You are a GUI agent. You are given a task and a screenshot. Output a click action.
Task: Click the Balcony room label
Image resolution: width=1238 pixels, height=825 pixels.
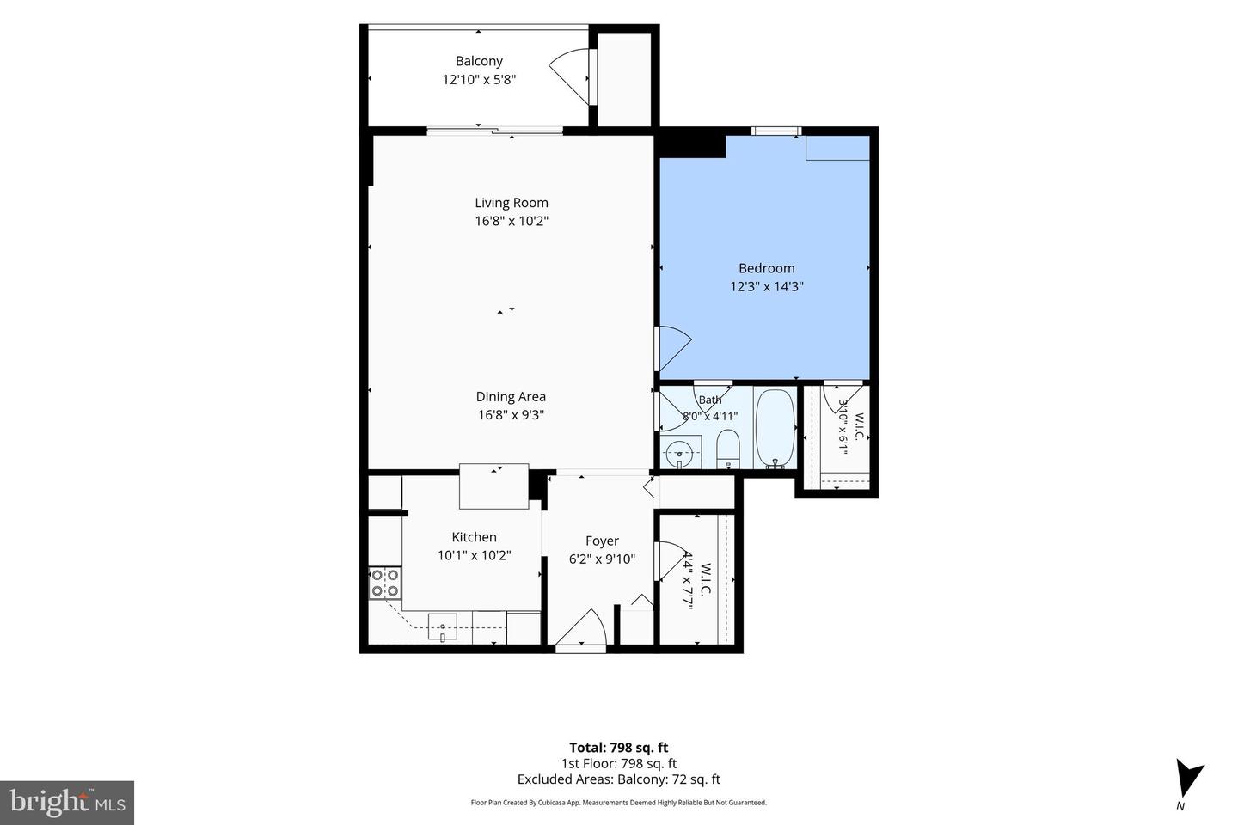[x=479, y=61]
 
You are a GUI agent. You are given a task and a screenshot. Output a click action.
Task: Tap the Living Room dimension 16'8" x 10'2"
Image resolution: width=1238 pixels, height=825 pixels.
[x=512, y=221]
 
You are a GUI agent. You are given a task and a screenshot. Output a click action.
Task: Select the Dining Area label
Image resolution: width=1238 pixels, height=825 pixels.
[x=511, y=396]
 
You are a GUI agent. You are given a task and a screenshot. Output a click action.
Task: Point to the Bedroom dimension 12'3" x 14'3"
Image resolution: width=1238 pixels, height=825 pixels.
[x=767, y=286]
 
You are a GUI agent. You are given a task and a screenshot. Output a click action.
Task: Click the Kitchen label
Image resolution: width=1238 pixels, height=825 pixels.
[x=475, y=536]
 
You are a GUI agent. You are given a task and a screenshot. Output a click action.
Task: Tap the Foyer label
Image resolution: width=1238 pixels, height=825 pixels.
[x=602, y=541]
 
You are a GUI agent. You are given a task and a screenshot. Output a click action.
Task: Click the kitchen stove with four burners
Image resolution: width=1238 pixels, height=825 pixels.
[x=385, y=583]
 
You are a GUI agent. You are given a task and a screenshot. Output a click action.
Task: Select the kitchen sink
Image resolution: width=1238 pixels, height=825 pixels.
[x=442, y=627]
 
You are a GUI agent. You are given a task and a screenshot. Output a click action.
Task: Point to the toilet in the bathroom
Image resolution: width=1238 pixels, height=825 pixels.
[x=728, y=448]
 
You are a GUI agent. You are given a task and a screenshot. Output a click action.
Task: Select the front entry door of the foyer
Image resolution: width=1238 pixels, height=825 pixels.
[x=581, y=628]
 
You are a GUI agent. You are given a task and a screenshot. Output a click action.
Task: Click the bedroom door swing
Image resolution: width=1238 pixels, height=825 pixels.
[x=673, y=349]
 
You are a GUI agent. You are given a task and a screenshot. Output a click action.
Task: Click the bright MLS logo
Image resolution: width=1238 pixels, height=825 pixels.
[x=67, y=803]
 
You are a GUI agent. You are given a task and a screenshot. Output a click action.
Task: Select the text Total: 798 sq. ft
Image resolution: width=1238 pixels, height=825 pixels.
[x=619, y=748]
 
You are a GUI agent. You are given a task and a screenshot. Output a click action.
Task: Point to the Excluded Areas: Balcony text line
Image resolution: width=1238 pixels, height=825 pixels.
[x=619, y=779]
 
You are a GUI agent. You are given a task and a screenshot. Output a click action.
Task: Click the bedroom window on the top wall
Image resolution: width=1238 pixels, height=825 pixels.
[x=776, y=131]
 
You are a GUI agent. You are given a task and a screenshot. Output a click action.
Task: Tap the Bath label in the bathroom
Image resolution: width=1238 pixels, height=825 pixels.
[x=710, y=400]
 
